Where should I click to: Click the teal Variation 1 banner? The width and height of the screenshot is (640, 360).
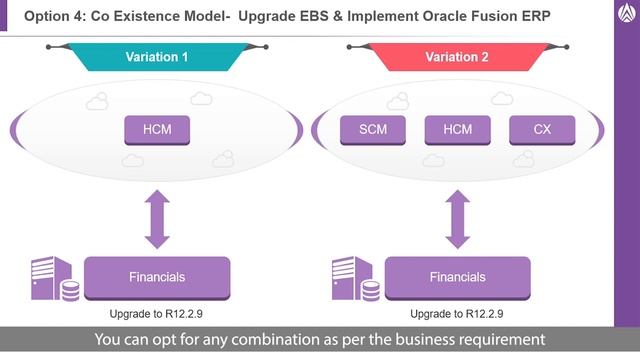pos(157,57)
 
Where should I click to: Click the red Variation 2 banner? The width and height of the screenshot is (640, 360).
pos(457,57)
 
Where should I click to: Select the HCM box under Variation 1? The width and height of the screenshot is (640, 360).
pos(156,129)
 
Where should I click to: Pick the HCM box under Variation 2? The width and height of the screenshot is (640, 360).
pos(457,129)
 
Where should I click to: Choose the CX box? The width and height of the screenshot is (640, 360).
pos(543,129)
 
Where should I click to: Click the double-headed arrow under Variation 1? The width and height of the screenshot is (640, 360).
pos(157,220)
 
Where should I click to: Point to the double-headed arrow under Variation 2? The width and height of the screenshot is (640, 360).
pos(457,220)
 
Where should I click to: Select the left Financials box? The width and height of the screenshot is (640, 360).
pos(157,277)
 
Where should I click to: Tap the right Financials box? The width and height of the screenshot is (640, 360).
pos(457,277)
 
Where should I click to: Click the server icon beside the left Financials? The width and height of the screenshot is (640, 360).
pos(55,280)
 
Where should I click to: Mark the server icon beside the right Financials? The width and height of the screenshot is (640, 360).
pos(355,280)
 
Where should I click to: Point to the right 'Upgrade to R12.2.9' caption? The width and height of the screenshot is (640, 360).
pos(457,312)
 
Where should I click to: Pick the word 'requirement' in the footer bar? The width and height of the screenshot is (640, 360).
pos(497,340)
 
